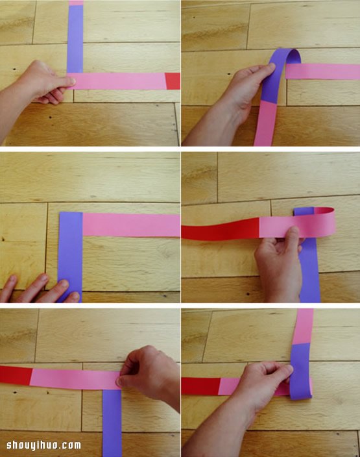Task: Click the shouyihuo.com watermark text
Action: click(x=43, y=445)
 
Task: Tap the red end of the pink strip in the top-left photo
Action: click(x=173, y=81)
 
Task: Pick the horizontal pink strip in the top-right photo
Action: click(x=322, y=71)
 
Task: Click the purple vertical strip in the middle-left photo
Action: click(x=70, y=256)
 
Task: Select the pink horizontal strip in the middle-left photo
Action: click(x=132, y=225)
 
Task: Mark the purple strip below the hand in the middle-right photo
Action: click(x=310, y=271)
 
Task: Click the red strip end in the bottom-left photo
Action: click(x=16, y=375)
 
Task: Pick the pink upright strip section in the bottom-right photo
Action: click(x=303, y=327)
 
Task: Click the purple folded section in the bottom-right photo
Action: click(x=301, y=371)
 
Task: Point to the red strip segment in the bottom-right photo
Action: click(x=200, y=386)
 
